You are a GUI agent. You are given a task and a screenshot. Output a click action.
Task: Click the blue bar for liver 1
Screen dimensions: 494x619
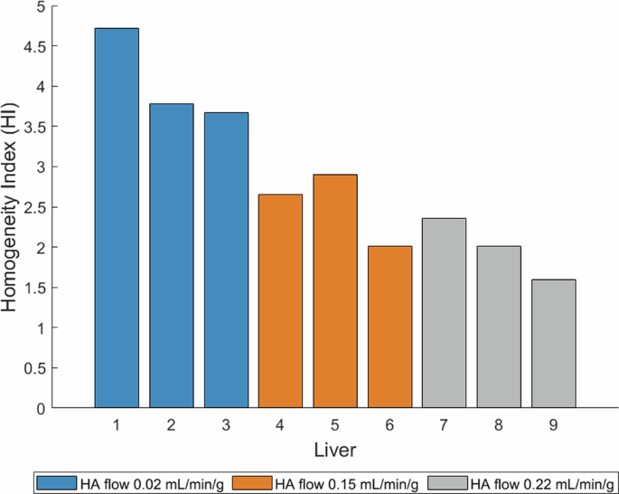pyautogui.click(x=117, y=217)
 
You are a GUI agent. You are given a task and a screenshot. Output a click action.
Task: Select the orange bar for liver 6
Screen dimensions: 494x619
pyautogui.click(x=389, y=327)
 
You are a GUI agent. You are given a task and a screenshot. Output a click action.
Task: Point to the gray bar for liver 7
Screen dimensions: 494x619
pyautogui.click(x=445, y=313)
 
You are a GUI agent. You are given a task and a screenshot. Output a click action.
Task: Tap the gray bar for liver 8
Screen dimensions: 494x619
pyautogui.click(x=499, y=327)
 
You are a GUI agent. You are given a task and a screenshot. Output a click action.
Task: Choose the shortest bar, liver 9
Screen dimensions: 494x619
pyautogui.click(x=554, y=344)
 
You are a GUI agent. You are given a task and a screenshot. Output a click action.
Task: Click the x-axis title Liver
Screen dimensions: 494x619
pyautogui.click(x=334, y=449)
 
